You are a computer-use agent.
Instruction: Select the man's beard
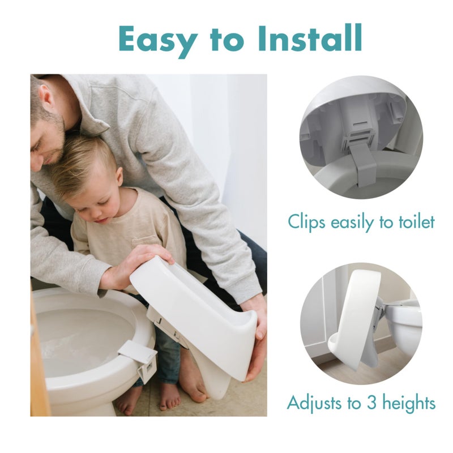pos(54,139)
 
